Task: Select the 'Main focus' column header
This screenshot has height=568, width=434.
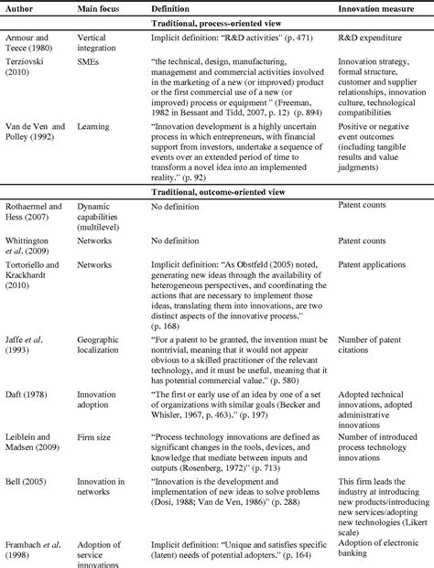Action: tap(99, 8)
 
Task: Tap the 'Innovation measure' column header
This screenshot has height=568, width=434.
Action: tap(377, 8)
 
